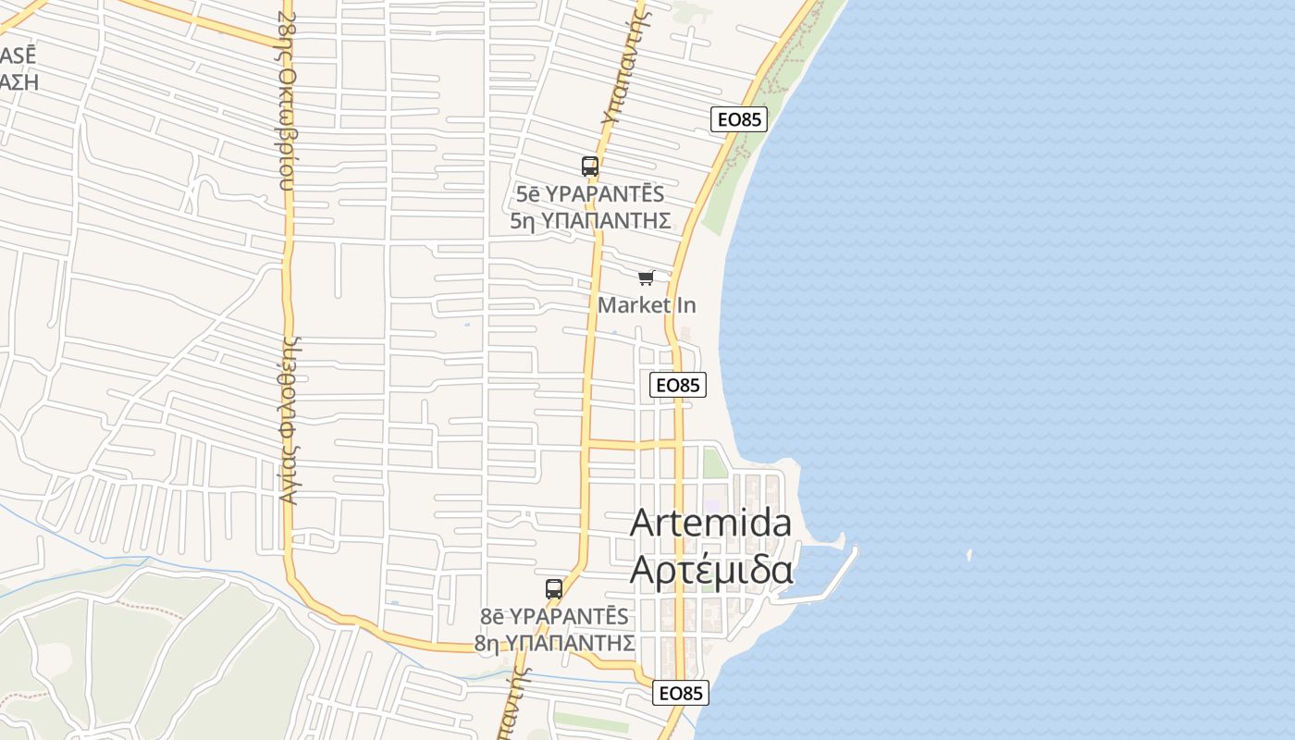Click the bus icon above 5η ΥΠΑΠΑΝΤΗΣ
click(x=590, y=166)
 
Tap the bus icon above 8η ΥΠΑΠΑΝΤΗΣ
click(x=554, y=588)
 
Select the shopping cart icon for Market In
click(x=647, y=277)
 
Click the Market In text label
click(x=647, y=304)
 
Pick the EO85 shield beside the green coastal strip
click(x=740, y=119)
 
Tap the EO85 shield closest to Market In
click(x=678, y=385)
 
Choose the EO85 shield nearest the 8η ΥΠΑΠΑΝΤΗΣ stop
click(x=681, y=693)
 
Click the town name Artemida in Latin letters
click(x=710, y=524)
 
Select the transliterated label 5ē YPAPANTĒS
click(x=590, y=194)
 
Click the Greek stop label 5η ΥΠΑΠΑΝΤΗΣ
click(x=590, y=220)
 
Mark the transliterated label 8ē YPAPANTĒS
click(x=555, y=616)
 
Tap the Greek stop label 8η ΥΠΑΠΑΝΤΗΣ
click(x=555, y=642)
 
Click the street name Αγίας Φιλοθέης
click(x=290, y=421)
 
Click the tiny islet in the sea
click(x=969, y=555)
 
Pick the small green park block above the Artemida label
click(x=715, y=462)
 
